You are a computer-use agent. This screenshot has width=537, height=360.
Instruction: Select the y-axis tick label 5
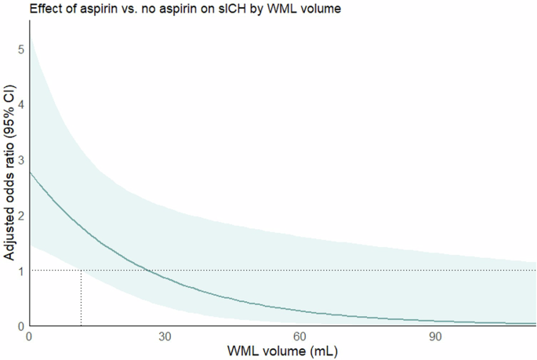click(21, 49)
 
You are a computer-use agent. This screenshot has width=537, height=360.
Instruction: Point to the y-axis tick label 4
click(21, 104)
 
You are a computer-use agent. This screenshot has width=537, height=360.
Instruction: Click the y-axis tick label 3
click(21, 159)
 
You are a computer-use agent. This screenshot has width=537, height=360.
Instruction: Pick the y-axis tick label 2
click(21, 215)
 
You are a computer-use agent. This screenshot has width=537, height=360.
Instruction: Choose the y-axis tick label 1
click(21, 271)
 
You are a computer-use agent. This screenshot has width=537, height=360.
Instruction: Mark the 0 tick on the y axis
click(21, 325)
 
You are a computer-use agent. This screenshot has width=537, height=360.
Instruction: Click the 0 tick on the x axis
click(29, 336)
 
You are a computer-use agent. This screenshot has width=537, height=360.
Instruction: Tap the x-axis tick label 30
click(165, 336)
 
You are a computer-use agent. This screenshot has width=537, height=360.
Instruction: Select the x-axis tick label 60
click(300, 336)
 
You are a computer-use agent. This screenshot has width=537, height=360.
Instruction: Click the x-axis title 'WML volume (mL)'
click(283, 351)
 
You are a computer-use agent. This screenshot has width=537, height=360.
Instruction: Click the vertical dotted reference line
click(81, 298)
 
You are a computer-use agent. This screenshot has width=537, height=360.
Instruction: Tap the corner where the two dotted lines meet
click(81, 271)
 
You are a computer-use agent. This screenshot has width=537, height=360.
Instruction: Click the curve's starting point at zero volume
click(29, 173)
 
